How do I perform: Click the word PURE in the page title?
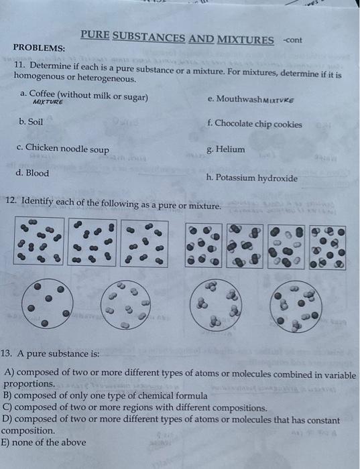click(x=94, y=36)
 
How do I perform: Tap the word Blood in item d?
click(x=38, y=173)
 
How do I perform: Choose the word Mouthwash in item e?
click(x=235, y=98)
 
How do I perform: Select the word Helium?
click(x=231, y=149)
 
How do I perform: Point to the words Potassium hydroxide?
click(x=257, y=178)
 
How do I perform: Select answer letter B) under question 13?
click(x=9, y=396)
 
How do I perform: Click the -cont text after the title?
click(x=292, y=40)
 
